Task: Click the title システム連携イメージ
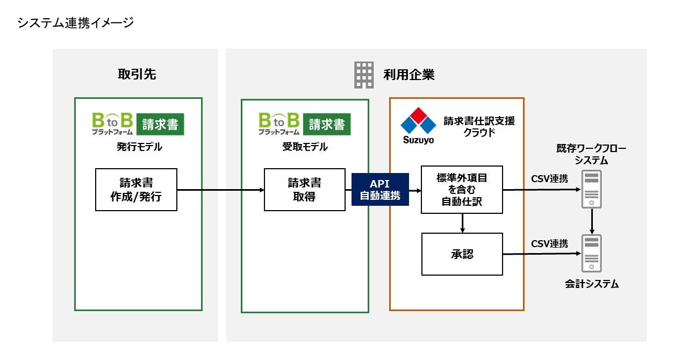(x=75, y=23)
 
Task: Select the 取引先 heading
(x=137, y=75)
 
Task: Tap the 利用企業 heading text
(x=409, y=75)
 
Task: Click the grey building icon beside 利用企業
(x=364, y=75)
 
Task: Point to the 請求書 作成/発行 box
(x=136, y=190)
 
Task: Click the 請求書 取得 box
(x=304, y=190)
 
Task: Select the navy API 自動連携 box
(x=380, y=190)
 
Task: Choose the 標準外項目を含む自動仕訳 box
(x=462, y=190)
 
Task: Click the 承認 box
(x=462, y=254)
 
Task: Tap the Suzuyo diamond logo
(x=418, y=123)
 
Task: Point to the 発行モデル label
(x=139, y=147)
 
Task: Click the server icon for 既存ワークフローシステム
(x=592, y=189)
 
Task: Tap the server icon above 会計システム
(x=592, y=253)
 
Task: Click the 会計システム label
(x=592, y=284)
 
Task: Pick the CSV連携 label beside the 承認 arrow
(x=549, y=243)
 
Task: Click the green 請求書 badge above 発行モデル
(x=160, y=124)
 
